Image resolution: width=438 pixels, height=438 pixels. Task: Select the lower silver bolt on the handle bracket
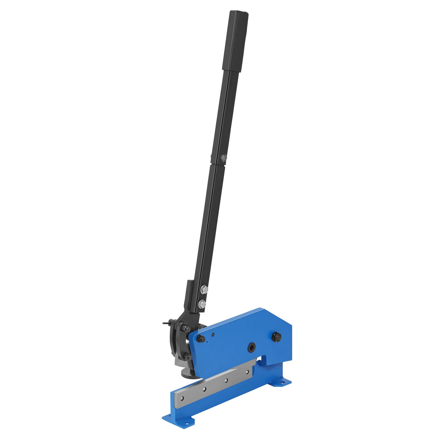point(202,303)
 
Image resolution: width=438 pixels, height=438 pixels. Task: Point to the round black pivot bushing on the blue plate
point(251,348)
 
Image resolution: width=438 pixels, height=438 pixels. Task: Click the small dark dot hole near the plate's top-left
point(213,334)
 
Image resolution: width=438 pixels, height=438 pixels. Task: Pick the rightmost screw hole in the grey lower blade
point(247,372)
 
